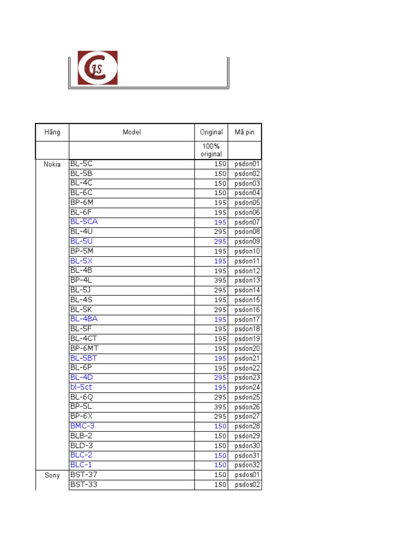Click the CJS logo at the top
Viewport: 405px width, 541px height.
[98, 68]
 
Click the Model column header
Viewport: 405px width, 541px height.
[132, 132]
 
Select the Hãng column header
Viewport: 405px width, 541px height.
[52, 132]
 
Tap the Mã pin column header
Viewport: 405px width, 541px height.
[244, 132]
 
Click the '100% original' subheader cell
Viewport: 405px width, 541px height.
[211, 150]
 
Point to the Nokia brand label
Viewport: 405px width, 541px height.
[52, 164]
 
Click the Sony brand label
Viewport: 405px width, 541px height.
[52, 475]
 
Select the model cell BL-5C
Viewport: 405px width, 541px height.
[81, 164]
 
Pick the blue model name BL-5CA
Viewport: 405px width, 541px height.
[84, 222]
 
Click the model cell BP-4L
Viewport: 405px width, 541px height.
[81, 280]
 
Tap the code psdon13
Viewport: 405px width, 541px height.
[247, 281]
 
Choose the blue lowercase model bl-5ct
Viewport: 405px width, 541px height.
[81, 387]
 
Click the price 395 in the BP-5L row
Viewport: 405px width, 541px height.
[220, 407]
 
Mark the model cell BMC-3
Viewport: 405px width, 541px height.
[82, 426]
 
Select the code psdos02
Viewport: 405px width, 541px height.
[247, 484]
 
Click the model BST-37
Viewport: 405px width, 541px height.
[83, 474]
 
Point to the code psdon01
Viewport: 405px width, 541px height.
[247, 164]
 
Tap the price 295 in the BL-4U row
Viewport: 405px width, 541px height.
[220, 232]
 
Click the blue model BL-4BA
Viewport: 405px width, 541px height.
[84, 319]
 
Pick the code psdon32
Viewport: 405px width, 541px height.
[247, 465]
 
